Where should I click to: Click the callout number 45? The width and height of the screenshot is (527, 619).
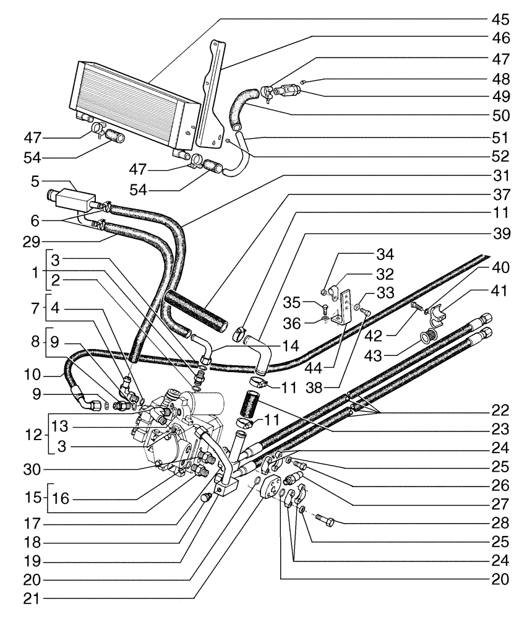499,17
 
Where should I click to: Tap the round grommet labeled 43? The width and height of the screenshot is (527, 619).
425,337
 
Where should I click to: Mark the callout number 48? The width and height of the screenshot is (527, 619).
499,79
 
